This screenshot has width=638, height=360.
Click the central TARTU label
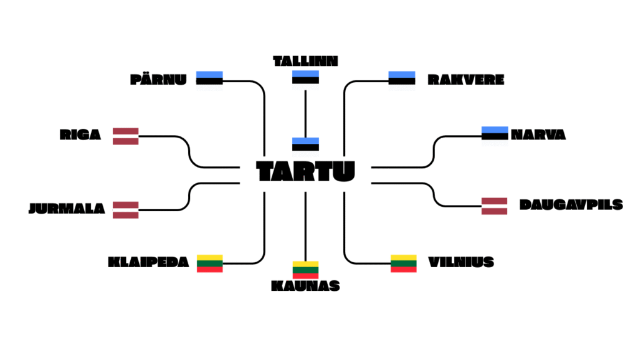coord(305,171)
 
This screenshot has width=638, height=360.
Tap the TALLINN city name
coord(305,61)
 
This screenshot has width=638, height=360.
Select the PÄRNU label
coord(158,80)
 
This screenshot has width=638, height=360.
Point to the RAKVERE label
coord(465,80)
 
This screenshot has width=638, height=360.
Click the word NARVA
coord(538,135)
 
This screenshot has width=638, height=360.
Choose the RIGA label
coord(80,135)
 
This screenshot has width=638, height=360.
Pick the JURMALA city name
coord(67,209)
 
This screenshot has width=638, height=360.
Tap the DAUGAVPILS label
coord(571,205)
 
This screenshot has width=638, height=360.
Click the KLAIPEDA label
coord(148,262)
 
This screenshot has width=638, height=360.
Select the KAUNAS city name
coord(305,287)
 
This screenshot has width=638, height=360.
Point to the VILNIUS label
coord(461,262)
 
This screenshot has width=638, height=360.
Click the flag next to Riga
coord(125,136)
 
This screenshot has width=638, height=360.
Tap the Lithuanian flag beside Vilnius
coord(403,263)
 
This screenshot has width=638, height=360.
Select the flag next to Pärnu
coord(209,78)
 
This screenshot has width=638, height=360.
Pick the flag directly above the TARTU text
coord(305,144)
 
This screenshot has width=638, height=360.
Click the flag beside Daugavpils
coord(494,206)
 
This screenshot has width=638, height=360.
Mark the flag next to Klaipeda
coord(209,263)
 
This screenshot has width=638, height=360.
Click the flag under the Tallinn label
coord(305,77)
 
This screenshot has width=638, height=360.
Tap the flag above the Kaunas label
coord(305,269)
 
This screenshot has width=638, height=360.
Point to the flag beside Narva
coord(494,134)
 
